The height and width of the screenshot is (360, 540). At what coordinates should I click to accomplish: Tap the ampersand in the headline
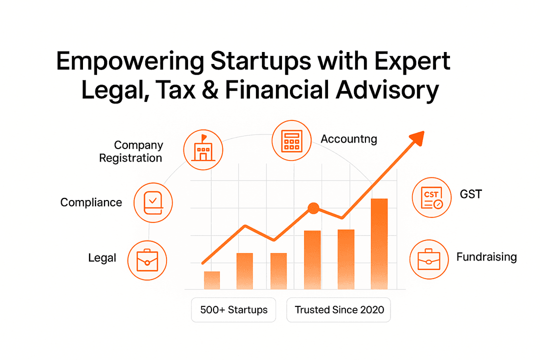click(x=210, y=90)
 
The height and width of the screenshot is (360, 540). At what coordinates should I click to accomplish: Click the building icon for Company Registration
click(x=203, y=149)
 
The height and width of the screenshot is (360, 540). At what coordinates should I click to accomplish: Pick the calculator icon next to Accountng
click(x=291, y=140)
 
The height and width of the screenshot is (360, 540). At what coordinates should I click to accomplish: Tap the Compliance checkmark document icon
click(x=153, y=202)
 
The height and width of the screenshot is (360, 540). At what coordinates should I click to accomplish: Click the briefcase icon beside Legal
click(x=147, y=260)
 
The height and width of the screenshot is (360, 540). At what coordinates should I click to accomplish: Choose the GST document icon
click(x=431, y=197)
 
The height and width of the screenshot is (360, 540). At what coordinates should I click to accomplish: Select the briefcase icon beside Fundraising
click(x=429, y=259)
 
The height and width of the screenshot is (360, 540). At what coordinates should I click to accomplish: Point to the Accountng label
click(x=349, y=139)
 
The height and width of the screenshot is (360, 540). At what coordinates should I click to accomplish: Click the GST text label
click(x=471, y=194)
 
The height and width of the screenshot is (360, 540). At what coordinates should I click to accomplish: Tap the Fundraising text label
click(x=486, y=257)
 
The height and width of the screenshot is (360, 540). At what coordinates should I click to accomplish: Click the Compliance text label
click(x=91, y=202)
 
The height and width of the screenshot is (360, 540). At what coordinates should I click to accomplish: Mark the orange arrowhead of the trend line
click(x=417, y=138)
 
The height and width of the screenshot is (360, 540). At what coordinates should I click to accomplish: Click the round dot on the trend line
click(x=313, y=208)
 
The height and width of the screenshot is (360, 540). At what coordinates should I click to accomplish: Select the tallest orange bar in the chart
click(x=379, y=244)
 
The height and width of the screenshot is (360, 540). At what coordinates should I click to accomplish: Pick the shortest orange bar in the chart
click(x=212, y=280)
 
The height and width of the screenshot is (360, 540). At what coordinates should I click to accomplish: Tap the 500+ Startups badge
click(x=233, y=310)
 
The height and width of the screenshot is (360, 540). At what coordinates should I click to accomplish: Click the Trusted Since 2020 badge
click(x=339, y=310)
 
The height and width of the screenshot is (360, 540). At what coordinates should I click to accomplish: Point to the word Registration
click(x=130, y=158)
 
